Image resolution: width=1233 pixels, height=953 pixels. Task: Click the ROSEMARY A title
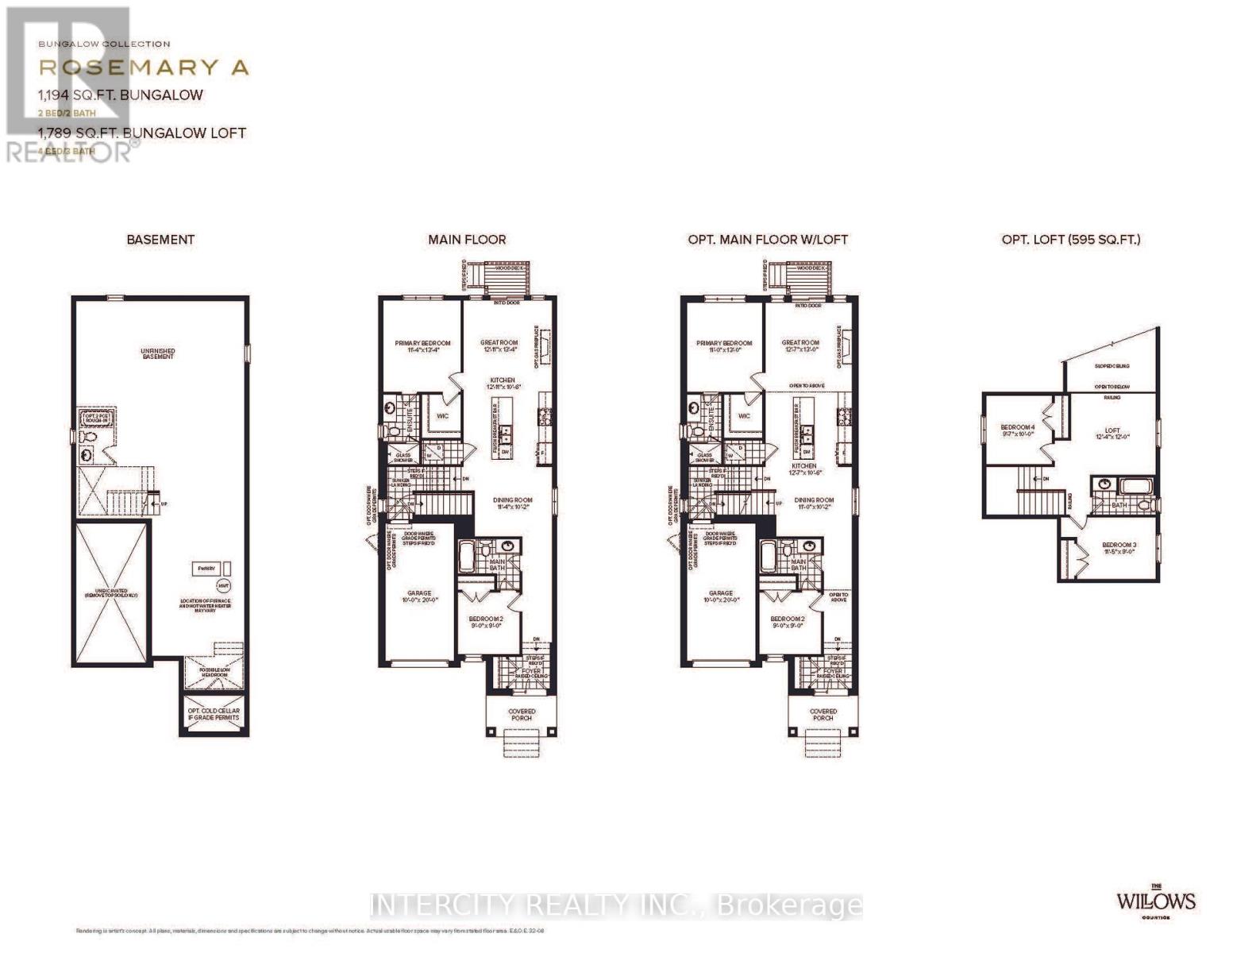pyautogui.click(x=144, y=68)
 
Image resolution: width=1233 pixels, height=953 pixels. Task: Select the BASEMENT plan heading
pyautogui.click(x=160, y=239)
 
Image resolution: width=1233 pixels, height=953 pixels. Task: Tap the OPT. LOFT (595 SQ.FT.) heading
pyautogui.click(x=1070, y=239)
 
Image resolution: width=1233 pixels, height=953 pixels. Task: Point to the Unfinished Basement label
pyautogui.click(x=158, y=353)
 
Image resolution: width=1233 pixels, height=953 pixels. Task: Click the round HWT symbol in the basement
pyautogui.click(x=223, y=585)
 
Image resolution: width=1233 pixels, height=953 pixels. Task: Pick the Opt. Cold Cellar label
pyautogui.click(x=214, y=714)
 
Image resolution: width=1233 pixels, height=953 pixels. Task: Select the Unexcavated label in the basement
pyautogui.click(x=111, y=592)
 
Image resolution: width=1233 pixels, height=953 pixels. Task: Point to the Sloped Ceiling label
pyautogui.click(x=1112, y=366)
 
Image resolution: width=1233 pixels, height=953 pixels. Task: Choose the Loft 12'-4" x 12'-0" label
pyautogui.click(x=1112, y=434)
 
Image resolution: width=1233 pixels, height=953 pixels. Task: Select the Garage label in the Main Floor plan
pyautogui.click(x=419, y=596)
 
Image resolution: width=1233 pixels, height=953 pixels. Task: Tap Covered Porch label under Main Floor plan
pyautogui.click(x=522, y=715)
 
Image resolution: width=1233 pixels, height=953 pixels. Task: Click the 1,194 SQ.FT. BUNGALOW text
pyautogui.click(x=121, y=95)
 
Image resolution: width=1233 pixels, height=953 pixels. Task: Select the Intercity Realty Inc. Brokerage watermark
pyautogui.click(x=617, y=905)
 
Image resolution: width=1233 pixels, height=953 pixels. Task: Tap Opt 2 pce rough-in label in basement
pyautogui.click(x=96, y=418)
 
